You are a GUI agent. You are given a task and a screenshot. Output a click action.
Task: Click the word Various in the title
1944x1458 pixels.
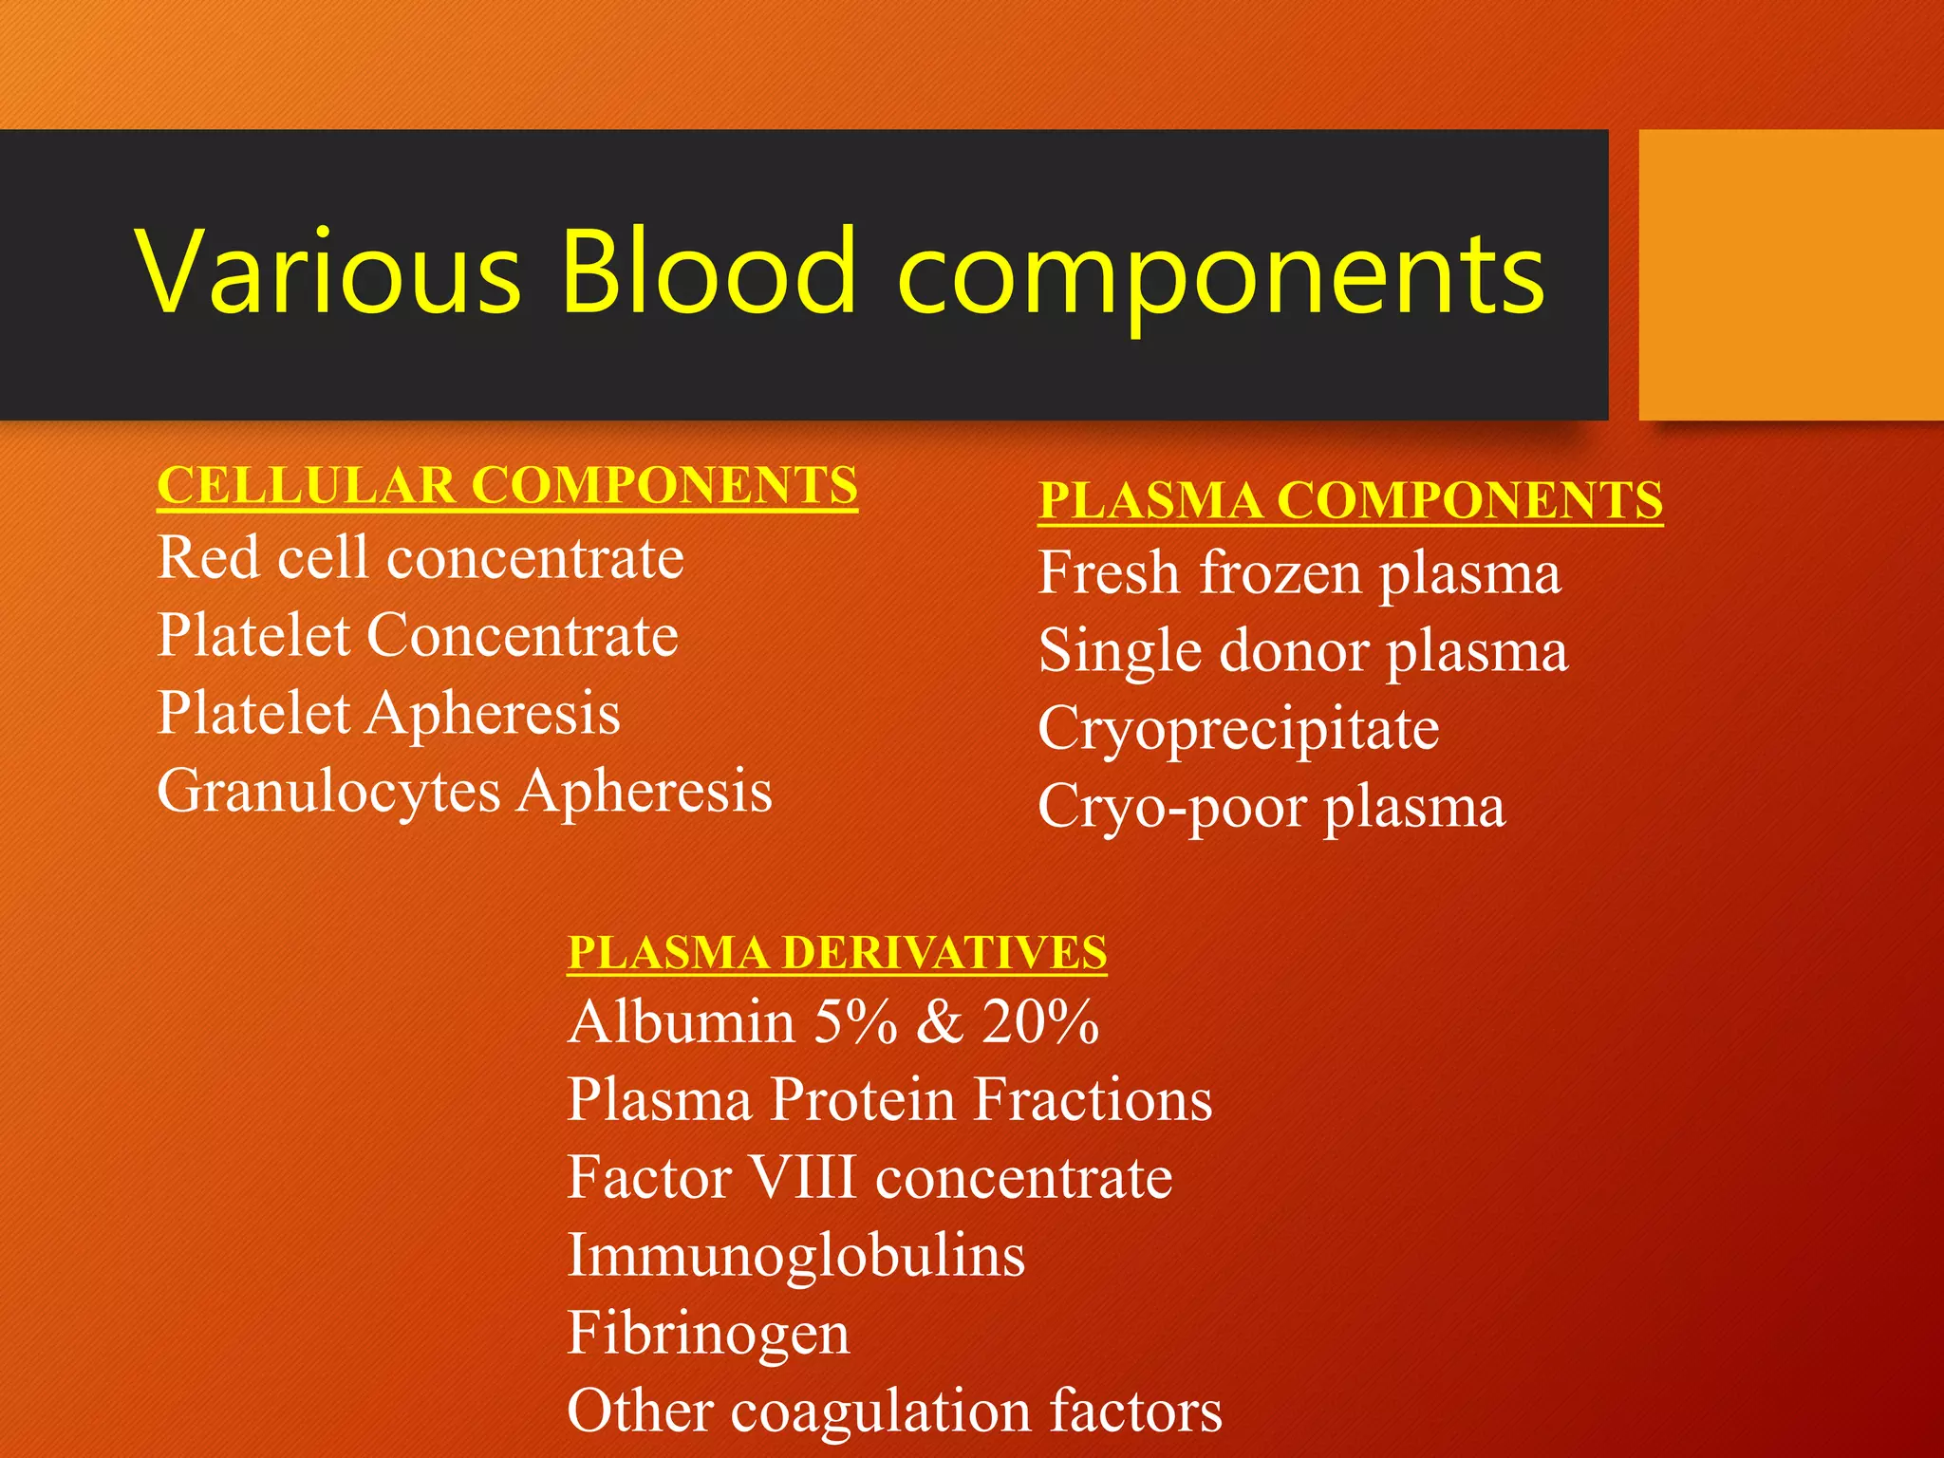(327, 271)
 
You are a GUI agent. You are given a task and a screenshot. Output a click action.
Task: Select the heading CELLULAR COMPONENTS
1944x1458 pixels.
(507, 486)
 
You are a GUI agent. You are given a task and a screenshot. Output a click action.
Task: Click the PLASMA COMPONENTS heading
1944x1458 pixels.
(1350, 501)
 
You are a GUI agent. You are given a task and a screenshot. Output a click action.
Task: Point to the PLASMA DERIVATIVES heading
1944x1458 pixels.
(836, 953)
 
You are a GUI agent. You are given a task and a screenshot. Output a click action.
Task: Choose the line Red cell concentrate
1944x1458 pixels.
(421, 558)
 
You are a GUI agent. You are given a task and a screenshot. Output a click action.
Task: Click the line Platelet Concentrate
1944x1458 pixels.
(418, 636)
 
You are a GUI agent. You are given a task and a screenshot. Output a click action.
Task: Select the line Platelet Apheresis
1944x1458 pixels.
(388, 714)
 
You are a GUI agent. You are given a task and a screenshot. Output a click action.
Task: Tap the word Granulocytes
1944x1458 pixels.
(328, 792)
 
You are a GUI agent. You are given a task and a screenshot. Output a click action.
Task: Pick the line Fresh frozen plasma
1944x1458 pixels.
(1299, 574)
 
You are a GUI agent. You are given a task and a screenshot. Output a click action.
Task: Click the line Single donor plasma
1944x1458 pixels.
(1302, 652)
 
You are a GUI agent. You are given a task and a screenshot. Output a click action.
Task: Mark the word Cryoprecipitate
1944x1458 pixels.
(1238, 730)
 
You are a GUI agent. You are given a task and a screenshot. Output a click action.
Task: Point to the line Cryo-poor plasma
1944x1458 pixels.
(1271, 808)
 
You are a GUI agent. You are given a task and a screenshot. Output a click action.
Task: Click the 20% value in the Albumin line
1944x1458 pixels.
(1040, 1023)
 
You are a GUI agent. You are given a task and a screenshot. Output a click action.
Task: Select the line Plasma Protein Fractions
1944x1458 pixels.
(889, 1101)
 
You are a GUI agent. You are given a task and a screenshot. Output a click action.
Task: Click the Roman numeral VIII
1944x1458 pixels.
(803, 1178)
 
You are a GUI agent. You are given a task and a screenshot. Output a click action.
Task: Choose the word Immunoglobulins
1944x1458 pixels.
(795, 1256)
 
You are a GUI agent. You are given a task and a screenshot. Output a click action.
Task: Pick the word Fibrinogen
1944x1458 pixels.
(708, 1334)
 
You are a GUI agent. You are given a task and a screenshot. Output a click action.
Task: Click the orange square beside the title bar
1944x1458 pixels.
(1790, 274)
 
